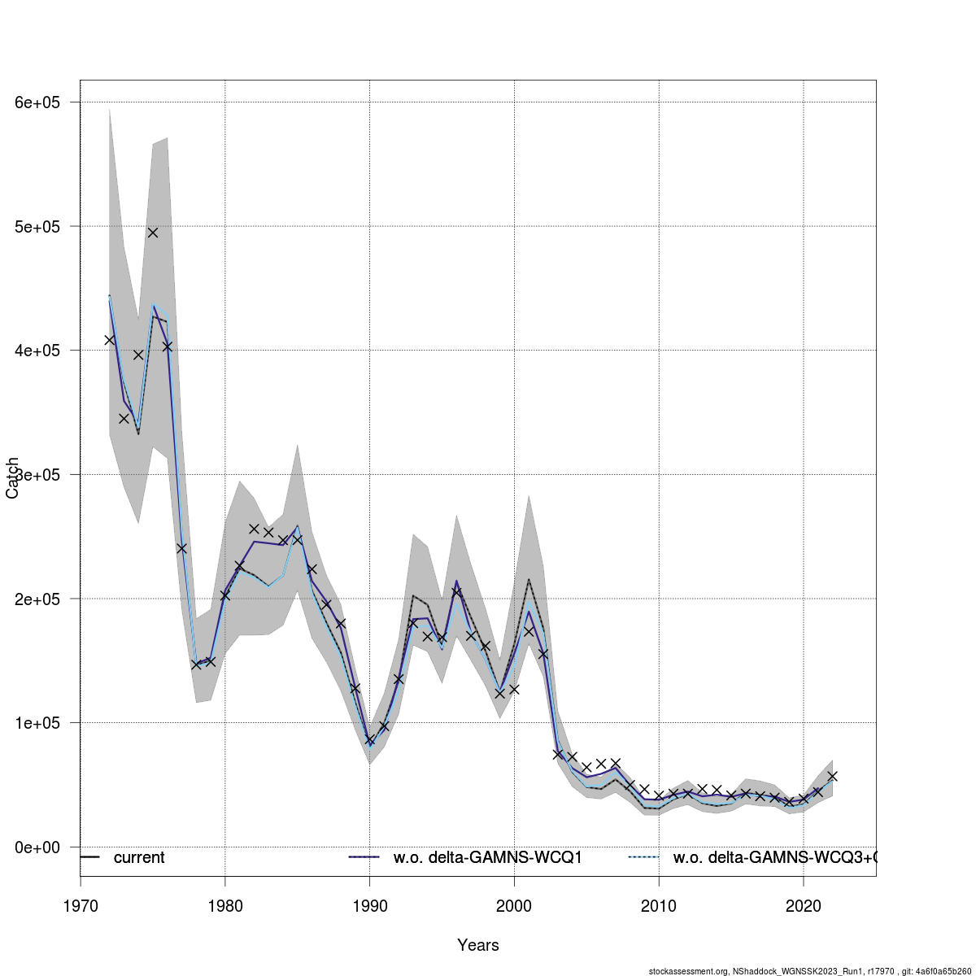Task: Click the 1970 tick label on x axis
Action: coord(81,906)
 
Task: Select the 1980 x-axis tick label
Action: coord(225,906)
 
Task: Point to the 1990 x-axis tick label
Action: coord(370,906)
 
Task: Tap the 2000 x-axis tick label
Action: coord(514,906)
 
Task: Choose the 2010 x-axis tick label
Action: coord(659,906)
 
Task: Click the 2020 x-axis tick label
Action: coord(804,906)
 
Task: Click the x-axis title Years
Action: coord(478,945)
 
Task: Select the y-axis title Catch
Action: coord(12,478)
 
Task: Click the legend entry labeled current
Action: coord(138,858)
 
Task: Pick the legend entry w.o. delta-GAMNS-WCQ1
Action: coord(487,858)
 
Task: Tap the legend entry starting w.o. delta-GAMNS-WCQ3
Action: coord(773,858)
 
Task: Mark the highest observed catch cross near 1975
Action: coord(153,233)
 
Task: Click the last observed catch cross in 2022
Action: coord(832,776)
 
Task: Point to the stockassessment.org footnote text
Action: coord(809,970)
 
